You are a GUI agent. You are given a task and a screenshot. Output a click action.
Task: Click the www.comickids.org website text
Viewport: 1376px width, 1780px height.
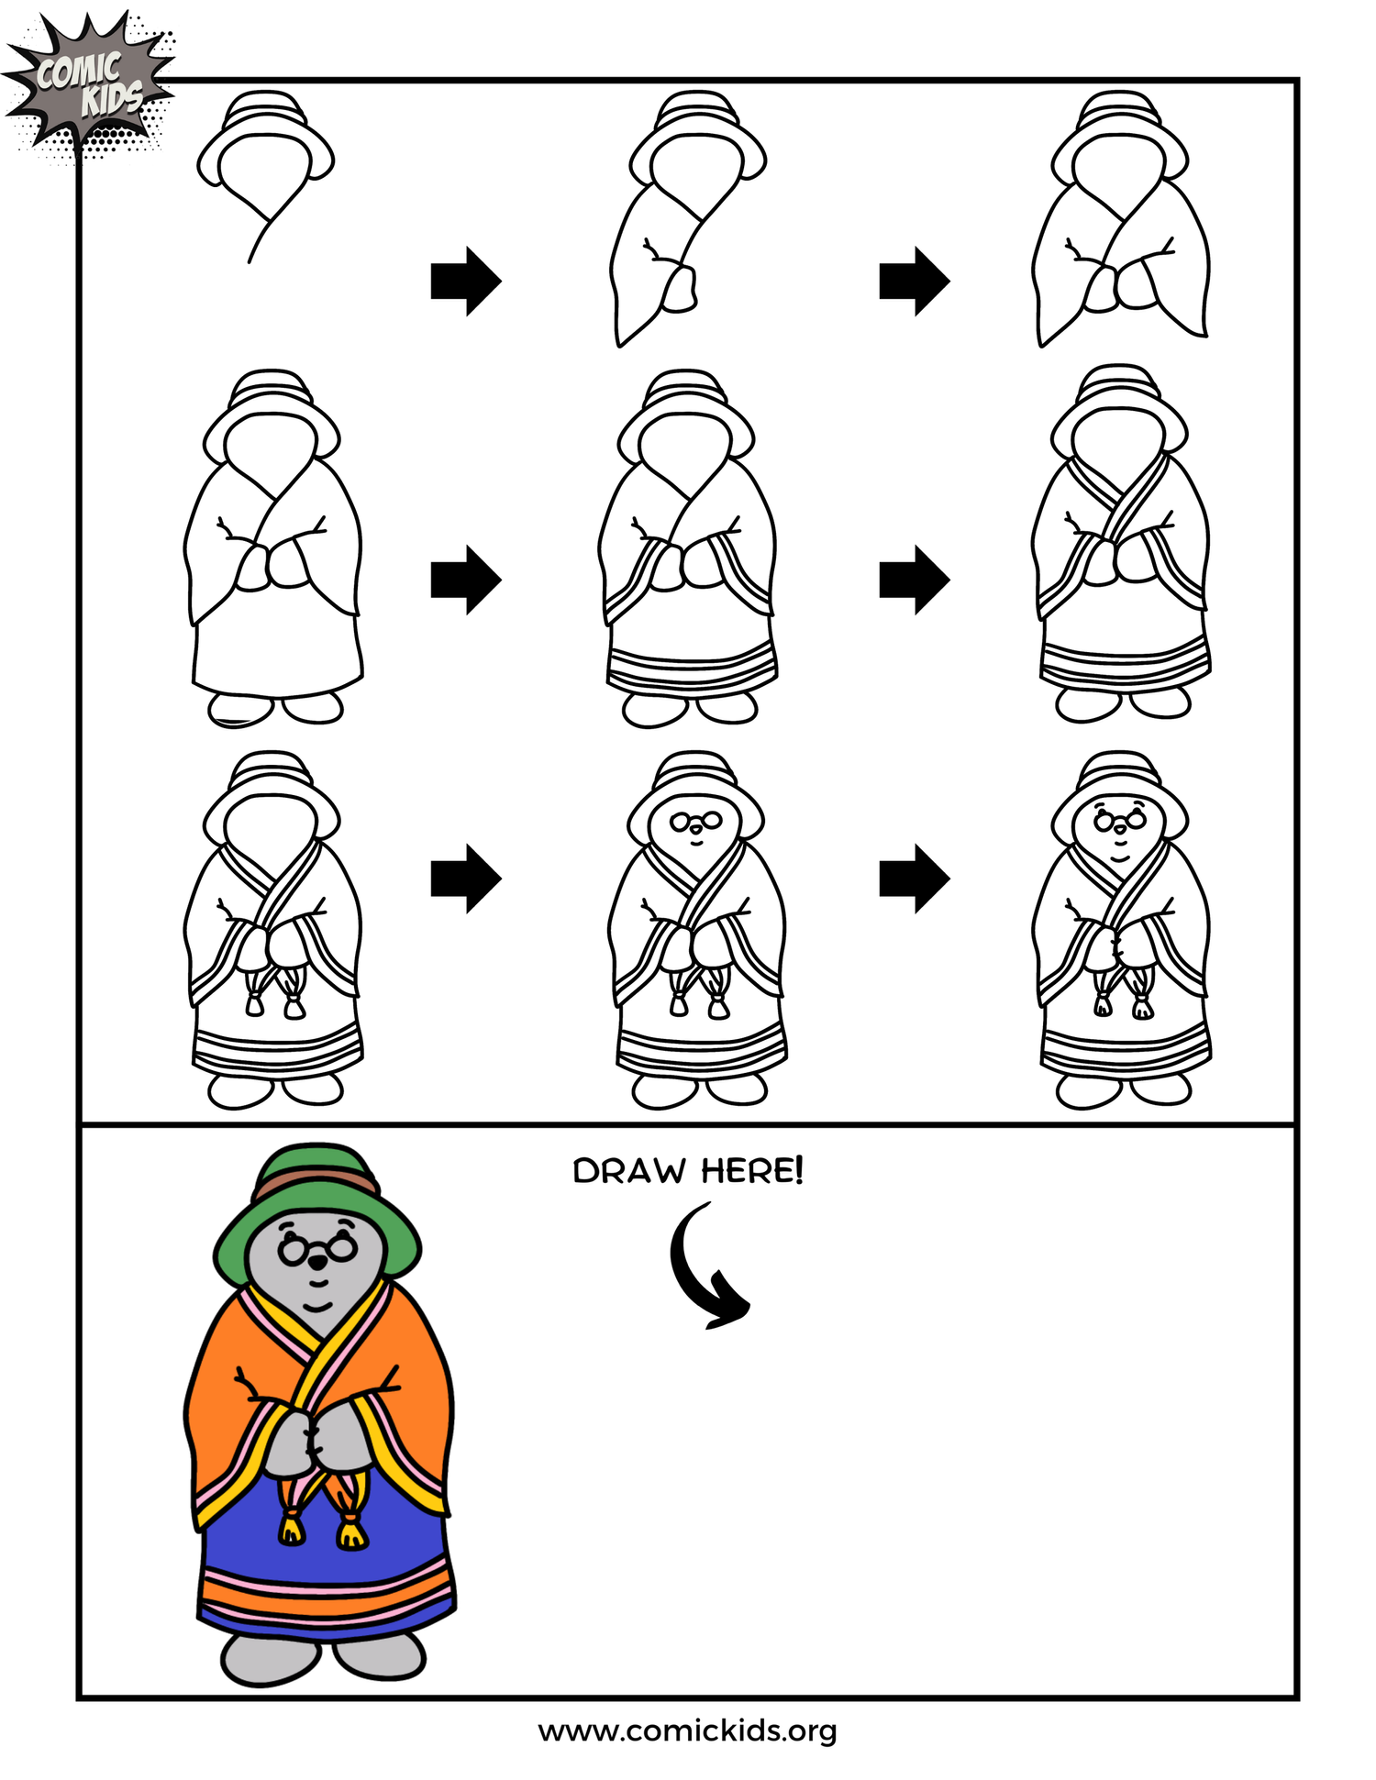[x=687, y=1730]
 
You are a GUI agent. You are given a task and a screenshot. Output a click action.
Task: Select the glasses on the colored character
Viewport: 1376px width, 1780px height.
[x=317, y=1249]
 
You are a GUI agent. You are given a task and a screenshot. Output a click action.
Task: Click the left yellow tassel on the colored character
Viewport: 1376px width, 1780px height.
[x=292, y=1529]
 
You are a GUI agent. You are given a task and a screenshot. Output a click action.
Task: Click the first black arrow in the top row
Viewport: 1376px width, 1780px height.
[x=465, y=281]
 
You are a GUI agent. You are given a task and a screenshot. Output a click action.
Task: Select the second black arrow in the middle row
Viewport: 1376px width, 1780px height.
[x=914, y=580]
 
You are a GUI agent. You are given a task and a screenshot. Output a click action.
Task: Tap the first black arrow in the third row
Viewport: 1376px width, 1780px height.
[x=465, y=879]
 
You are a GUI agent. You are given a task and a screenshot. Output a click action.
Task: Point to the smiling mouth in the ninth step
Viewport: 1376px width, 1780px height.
[x=1119, y=857]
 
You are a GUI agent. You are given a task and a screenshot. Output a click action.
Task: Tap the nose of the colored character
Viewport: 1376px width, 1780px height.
[x=317, y=1264]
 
